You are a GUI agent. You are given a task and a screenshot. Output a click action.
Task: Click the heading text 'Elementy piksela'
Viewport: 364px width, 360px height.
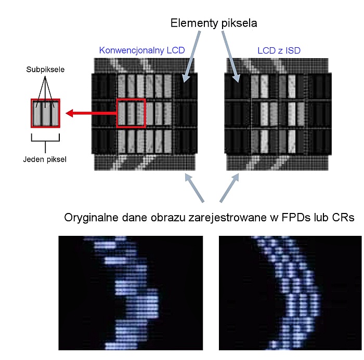point(214,23)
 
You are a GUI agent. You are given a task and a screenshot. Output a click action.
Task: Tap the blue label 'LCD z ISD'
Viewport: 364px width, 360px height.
point(279,50)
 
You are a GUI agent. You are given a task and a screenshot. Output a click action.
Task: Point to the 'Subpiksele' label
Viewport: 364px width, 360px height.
point(45,70)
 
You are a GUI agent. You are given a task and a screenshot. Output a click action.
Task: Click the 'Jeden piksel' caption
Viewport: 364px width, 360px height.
point(45,159)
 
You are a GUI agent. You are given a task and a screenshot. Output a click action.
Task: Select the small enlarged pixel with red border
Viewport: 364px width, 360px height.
point(45,113)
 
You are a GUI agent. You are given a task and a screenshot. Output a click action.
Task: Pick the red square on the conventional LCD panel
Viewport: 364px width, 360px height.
point(131,112)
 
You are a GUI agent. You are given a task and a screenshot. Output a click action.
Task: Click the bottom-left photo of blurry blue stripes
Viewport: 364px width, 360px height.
point(130,292)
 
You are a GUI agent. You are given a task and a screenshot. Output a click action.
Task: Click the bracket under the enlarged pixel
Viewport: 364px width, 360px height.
point(45,139)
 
